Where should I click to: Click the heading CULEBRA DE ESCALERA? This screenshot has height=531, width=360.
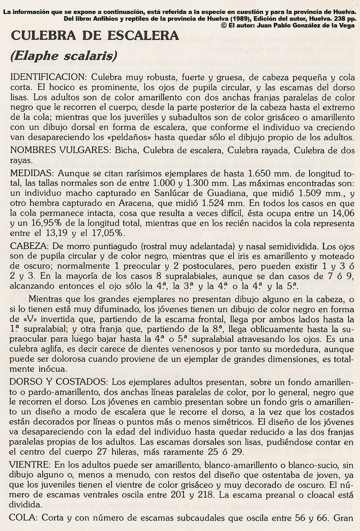94,36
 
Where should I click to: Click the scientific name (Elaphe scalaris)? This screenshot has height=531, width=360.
63,55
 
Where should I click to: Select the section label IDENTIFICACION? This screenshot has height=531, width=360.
44,77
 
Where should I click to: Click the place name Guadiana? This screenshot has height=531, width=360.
234,194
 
